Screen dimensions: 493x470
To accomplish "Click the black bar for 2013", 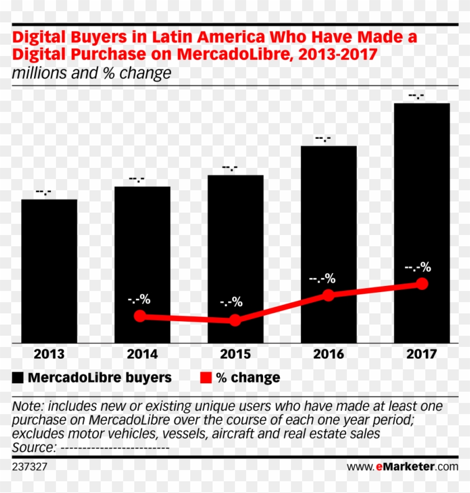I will point(49,271).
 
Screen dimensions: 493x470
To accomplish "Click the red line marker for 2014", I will point(140,316).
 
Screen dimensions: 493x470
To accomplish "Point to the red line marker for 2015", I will point(236,320).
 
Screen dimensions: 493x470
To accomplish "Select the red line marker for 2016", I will point(329,295).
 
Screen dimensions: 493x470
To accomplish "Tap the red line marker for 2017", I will point(422,284).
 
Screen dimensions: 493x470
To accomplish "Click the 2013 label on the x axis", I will point(49,354).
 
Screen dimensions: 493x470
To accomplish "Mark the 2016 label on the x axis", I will point(329,354).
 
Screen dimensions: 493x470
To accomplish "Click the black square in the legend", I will point(18,378).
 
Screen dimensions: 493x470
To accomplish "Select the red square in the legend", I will point(205,378).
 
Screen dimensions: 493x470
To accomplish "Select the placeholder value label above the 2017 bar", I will point(416,96).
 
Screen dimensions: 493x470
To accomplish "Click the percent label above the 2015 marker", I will point(231,302).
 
